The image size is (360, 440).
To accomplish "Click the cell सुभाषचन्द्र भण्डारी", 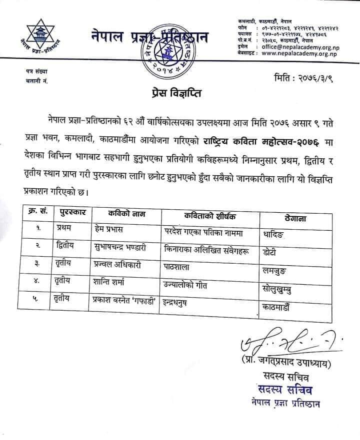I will coord(122,247).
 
